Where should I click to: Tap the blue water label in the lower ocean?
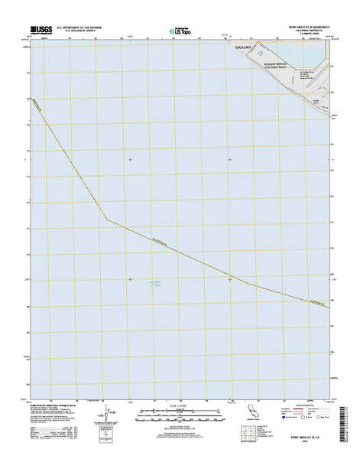click(156, 285)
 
